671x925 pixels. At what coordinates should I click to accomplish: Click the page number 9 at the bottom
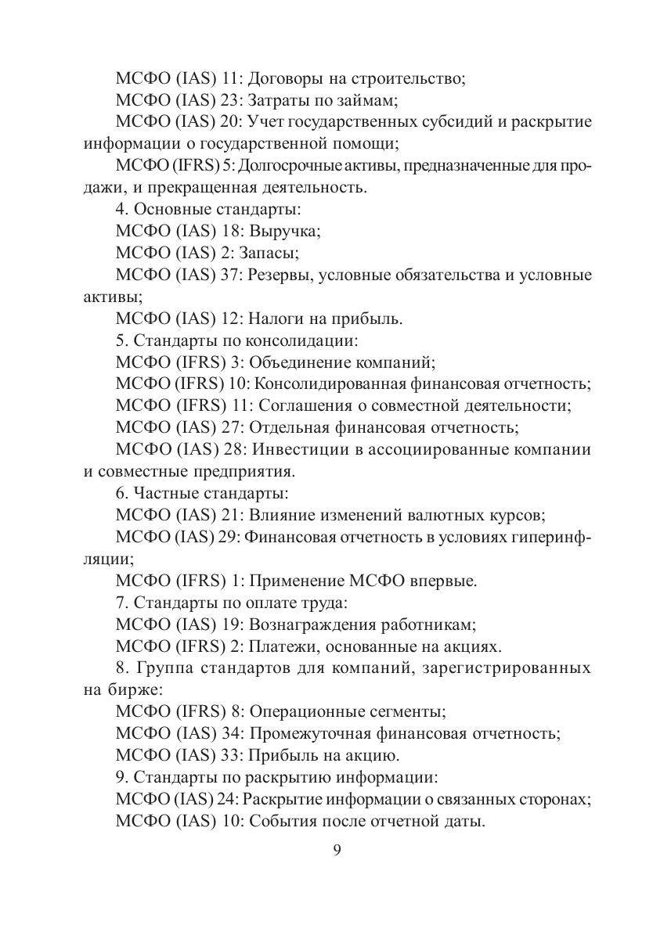[x=336, y=851]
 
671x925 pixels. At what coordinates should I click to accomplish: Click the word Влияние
[x=283, y=516]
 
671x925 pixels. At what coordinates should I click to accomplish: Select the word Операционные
[x=302, y=712]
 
